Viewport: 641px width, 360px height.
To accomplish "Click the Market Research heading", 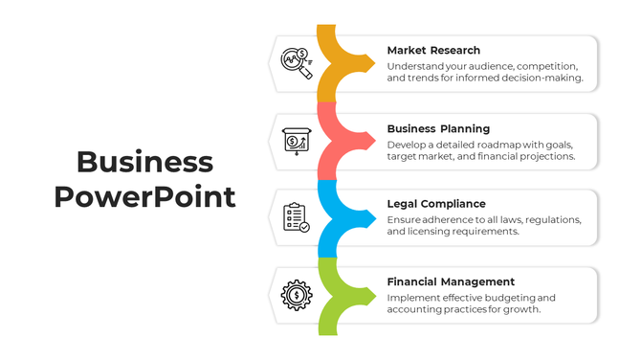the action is (x=433, y=50).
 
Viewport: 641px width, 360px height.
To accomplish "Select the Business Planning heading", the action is (x=438, y=128).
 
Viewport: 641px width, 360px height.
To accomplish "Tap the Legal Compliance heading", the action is (x=435, y=204).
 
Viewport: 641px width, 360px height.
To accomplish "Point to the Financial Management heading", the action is (x=451, y=281).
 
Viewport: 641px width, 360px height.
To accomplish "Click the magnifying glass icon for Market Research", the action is (x=296, y=64).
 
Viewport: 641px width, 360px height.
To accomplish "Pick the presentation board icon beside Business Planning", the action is (x=296, y=141).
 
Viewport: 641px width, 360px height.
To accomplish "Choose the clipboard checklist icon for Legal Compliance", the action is (x=296, y=217).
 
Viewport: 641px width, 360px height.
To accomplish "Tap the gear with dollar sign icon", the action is (x=296, y=294).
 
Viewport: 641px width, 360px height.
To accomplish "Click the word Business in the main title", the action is (x=144, y=162).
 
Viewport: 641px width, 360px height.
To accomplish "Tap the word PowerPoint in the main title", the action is (x=144, y=197).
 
